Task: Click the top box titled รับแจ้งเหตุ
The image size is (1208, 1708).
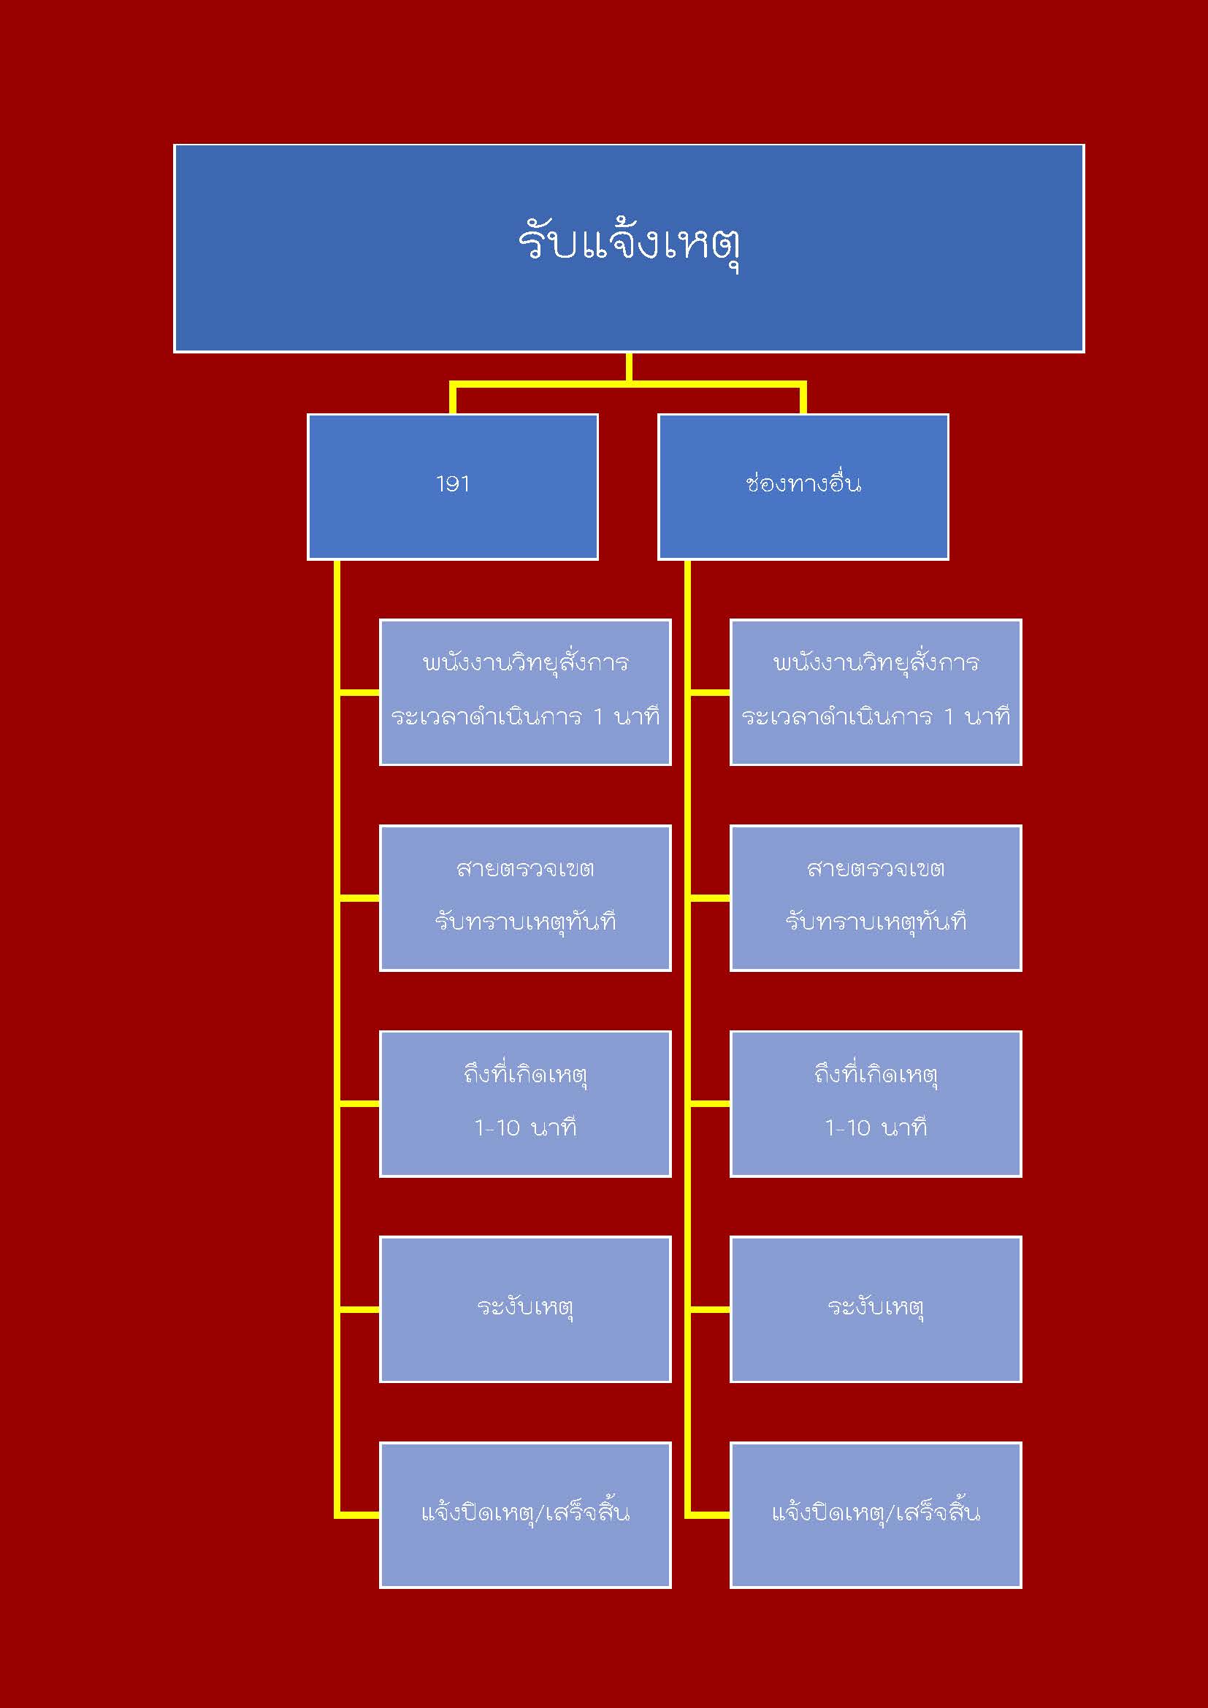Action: [x=629, y=248]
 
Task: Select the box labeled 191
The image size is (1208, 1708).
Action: [x=452, y=486]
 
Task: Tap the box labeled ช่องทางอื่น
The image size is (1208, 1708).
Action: [x=803, y=486]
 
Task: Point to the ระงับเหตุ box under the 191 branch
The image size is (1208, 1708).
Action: [x=525, y=1309]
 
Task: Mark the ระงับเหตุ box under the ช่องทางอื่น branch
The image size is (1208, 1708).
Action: [x=876, y=1309]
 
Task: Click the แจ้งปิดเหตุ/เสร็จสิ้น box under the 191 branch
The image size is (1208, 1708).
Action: [x=525, y=1514]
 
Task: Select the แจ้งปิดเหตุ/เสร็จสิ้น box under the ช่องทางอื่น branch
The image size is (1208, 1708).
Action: [x=876, y=1514]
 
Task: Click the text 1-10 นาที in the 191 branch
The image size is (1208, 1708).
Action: [x=525, y=1128]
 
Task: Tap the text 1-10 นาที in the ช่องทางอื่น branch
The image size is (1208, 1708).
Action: [x=876, y=1128]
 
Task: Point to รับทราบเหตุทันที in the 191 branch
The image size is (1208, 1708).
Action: [x=525, y=922]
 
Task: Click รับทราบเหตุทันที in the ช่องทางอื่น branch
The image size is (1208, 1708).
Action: [x=876, y=922]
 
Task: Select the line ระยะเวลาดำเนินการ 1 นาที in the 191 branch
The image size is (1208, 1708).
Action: [x=525, y=717]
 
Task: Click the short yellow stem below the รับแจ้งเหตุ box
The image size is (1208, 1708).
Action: [x=630, y=367]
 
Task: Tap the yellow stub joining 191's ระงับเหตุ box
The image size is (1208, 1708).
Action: [x=359, y=1309]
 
